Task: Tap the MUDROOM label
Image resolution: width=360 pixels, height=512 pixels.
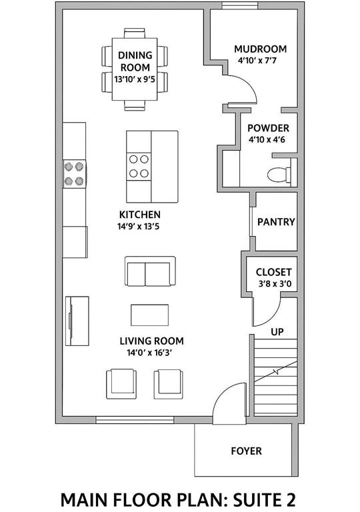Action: tap(261, 49)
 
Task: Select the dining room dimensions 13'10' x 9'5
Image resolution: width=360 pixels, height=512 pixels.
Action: tap(135, 79)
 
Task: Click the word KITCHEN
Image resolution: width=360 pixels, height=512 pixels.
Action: tap(140, 215)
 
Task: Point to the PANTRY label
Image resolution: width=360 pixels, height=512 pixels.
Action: tap(276, 222)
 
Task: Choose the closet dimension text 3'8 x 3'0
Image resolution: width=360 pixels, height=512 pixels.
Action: tap(275, 284)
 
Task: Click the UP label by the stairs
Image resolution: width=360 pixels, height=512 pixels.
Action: tap(277, 332)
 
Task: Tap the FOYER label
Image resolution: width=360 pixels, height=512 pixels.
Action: tap(246, 451)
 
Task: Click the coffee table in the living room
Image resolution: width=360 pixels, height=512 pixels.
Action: tap(149, 315)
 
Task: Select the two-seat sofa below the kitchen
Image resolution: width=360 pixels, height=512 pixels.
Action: tap(150, 271)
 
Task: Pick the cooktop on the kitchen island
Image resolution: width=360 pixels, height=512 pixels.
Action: tap(139, 167)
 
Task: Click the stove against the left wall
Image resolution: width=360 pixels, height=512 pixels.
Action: tap(74, 174)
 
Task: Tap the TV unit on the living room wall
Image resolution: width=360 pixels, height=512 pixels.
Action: tap(77, 321)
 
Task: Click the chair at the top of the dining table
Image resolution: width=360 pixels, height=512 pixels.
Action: tap(134, 33)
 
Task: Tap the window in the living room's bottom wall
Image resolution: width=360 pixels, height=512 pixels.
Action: tap(135, 420)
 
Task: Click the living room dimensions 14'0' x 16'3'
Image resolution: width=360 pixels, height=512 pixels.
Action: tap(149, 353)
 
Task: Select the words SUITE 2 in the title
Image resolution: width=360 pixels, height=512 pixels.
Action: tap(264, 499)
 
